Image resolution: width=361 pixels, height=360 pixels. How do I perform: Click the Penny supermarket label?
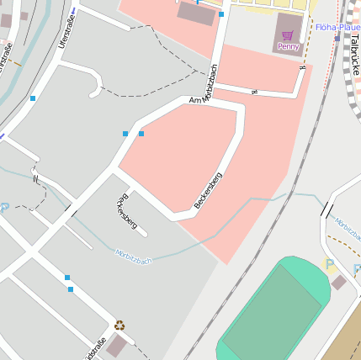pos(288,47)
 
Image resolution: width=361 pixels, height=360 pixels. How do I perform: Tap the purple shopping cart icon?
pos(288,35)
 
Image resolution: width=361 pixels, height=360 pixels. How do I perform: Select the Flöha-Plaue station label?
pos(338,27)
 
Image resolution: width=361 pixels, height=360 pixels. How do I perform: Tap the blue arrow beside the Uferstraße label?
pos(73,11)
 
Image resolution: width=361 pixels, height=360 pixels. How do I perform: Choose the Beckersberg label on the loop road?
pos(208,190)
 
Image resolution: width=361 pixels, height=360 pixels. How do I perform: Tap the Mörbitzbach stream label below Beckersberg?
pos(135,256)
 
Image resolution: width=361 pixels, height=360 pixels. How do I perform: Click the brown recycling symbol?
pos(119,324)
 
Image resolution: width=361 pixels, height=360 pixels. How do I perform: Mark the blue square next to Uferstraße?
pos(33,98)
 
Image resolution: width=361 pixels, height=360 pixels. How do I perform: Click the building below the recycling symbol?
pos(116,345)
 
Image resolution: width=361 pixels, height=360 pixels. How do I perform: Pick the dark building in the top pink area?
pos(195,13)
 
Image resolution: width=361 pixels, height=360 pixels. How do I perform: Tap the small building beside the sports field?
pos(338,283)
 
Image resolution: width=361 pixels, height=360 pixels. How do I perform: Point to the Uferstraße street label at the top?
pos(68,29)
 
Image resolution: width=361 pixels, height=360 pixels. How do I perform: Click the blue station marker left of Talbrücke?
pos(337,38)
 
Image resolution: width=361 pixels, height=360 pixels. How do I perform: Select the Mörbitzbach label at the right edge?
pos(348,225)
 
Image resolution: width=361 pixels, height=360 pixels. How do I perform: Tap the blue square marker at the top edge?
pos(221,14)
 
